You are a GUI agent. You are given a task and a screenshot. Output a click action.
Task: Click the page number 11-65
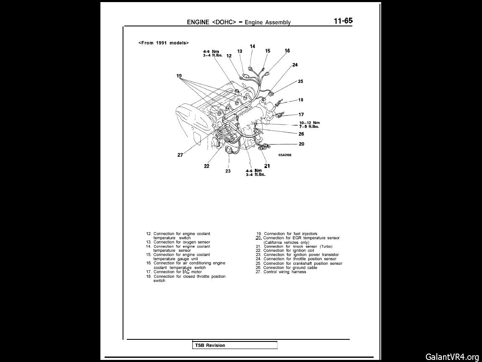click(343, 21)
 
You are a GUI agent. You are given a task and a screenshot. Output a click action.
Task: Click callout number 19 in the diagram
click(179, 76)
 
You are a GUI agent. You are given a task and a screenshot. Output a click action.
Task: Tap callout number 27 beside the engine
click(180, 155)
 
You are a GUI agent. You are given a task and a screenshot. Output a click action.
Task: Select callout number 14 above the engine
click(252, 46)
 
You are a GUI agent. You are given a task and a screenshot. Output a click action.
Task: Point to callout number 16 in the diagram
click(287, 51)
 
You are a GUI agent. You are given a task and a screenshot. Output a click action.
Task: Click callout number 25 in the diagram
click(300, 82)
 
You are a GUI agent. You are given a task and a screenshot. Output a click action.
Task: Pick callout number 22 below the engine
click(207, 166)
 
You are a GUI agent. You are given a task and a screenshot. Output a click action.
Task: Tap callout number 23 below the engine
click(228, 171)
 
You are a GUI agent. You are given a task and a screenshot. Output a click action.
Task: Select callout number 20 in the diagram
click(301, 144)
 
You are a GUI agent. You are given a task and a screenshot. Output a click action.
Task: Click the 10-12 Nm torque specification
click(309, 123)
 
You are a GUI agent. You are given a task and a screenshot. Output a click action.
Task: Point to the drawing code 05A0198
click(285, 155)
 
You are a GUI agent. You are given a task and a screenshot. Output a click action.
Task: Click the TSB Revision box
click(235, 345)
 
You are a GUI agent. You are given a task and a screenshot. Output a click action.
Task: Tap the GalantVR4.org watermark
click(452, 357)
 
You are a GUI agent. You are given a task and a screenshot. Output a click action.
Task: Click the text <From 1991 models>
click(164, 43)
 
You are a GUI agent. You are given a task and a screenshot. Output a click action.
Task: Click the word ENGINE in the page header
click(198, 22)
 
